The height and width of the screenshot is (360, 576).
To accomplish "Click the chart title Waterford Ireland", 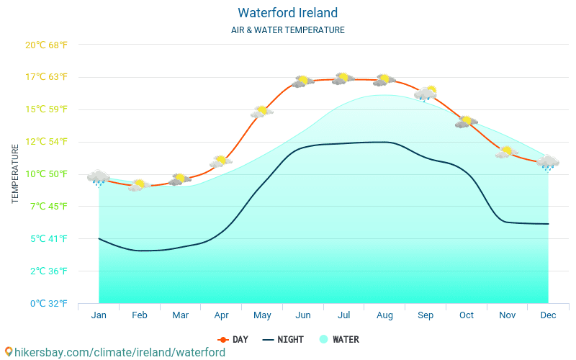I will (287, 13).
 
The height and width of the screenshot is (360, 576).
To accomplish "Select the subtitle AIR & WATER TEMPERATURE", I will (287, 30).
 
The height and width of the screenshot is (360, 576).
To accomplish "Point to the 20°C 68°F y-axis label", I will (46, 45).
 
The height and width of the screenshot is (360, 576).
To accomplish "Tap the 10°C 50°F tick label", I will (46, 174).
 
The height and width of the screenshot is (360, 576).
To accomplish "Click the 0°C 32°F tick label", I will (46, 303).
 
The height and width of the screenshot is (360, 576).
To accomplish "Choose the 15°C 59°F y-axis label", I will (46, 109).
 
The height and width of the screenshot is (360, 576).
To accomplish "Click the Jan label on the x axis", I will (99, 315).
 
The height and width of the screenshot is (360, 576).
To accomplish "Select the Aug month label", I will (384, 315).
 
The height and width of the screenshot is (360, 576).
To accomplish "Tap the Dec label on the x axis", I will (548, 315).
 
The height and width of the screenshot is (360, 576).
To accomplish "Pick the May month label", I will (262, 315).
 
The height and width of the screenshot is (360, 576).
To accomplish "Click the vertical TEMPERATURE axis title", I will (16, 174).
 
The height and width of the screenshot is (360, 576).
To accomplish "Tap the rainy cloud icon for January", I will (99, 178).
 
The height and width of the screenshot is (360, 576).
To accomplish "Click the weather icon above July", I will (343, 78).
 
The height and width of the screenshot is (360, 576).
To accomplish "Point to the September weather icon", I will (426, 93).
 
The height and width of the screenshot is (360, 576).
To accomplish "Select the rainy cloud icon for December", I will (548, 163).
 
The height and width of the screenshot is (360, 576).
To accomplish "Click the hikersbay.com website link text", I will (114, 352).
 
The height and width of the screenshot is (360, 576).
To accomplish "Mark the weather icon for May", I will (262, 112).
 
